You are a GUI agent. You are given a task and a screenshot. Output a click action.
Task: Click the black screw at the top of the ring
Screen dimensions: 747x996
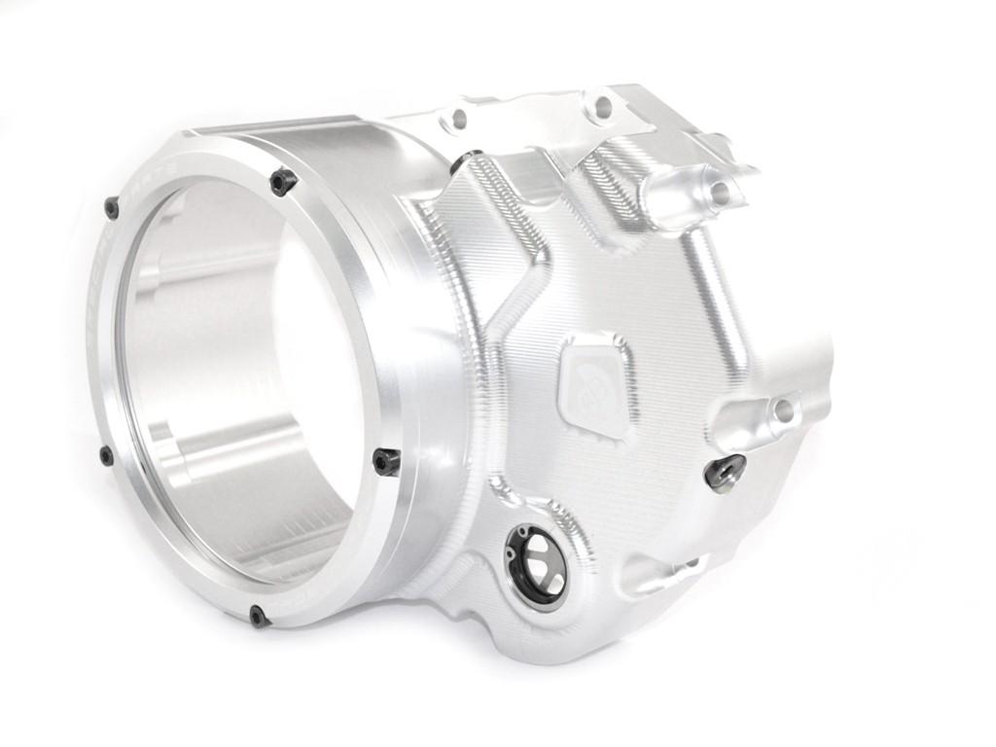point(282,181)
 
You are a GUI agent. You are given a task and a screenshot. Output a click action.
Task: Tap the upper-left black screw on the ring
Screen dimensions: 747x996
point(112,206)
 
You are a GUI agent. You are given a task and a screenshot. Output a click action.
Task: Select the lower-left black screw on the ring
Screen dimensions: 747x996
point(106,455)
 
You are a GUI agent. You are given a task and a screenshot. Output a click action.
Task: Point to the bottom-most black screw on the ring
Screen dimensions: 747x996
point(258,615)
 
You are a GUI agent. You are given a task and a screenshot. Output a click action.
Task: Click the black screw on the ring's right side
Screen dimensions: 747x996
point(386,461)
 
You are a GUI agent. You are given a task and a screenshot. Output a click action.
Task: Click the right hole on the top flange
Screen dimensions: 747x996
point(602,106)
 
